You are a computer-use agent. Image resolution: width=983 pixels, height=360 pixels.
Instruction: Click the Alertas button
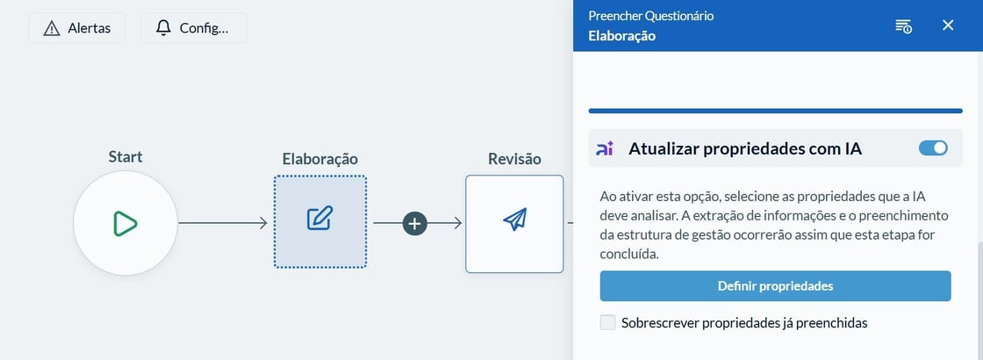[x=76, y=28]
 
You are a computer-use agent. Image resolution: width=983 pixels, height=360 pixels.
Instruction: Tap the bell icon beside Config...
[x=163, y=28]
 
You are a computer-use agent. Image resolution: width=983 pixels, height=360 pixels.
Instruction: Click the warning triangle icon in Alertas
[x=52, y=28]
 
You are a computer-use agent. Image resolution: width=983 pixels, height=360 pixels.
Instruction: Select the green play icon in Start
[x=126, y=223]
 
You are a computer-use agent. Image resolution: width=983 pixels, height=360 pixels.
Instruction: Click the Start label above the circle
[x=126, y=156]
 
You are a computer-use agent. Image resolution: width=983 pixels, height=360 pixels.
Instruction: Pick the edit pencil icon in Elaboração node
[x=319, y=218]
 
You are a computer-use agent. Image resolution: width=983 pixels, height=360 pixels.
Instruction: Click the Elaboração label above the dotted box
[x=319, y=159]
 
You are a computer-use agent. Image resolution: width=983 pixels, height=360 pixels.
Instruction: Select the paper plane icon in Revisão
[x=514, y=219]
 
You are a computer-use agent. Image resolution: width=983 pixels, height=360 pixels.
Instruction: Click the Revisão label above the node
[x=514, y=159]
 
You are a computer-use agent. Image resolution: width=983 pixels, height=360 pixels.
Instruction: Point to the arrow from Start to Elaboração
[x=223, y=223]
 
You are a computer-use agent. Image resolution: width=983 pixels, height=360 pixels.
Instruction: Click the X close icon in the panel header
[x=948, y=25]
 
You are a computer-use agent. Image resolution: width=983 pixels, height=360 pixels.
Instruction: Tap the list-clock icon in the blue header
[x=903, y=25]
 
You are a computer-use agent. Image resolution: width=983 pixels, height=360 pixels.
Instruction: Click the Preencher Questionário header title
[x=650, y=16]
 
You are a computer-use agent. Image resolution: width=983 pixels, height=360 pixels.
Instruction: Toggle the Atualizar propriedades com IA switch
[x=933, y=148]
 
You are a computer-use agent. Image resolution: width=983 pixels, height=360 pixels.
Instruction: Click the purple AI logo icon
[x=605, y=148]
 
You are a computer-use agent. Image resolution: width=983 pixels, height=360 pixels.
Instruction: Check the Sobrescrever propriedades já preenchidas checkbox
[x=607, y=323]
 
